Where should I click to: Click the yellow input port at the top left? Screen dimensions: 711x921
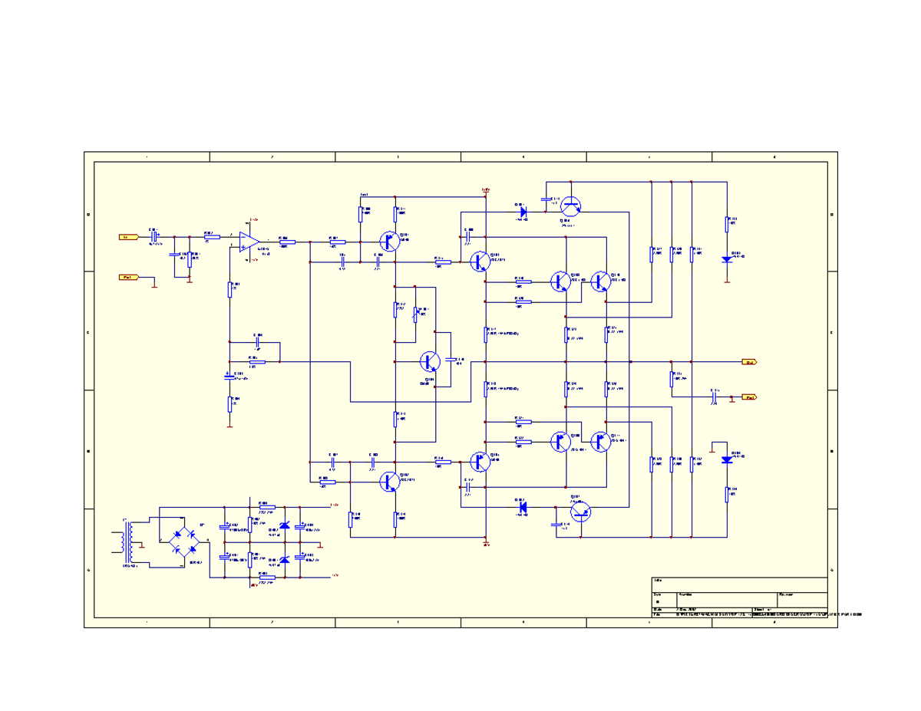tap(128, 237)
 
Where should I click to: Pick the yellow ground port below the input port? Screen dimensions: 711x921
tap(128, 277)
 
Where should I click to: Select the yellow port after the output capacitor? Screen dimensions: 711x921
tap(748, 397)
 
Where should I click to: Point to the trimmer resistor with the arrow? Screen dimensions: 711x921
tap(417, 313)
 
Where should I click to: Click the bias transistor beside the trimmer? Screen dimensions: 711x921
tap(430, 361)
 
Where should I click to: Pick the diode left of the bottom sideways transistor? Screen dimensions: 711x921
tap(523, 506)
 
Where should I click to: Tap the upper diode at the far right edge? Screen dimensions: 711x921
tap(727, 259)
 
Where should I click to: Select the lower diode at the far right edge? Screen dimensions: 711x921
tap(727, 459)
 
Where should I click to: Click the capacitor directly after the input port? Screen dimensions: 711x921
tap(153, 237)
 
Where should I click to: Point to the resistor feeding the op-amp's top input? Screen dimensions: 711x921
tap(208, 237)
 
